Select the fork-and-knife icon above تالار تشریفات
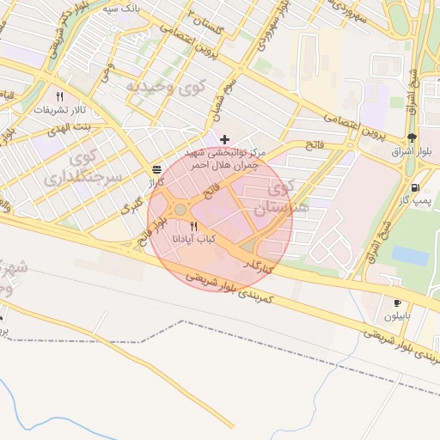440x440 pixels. pyautogui.click(x=59, y=97)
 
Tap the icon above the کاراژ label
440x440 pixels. pyautogui.click(x=156, y=169)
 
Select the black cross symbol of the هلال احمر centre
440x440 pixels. pyautogui.click(x=225, y=139)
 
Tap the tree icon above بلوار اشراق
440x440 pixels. pyautogui.click(x=413, y=137)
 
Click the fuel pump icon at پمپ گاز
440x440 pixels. pyautogui.click(x=417, y=187)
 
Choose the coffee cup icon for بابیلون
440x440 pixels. pyautogui.click(x=398, y=302)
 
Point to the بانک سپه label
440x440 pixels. pyautogui.click(x=121, y=7)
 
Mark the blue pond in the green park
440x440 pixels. pyautogui.click(x=410, y=256)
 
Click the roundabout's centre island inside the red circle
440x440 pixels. pyautogui.click(x=179, y=211)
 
